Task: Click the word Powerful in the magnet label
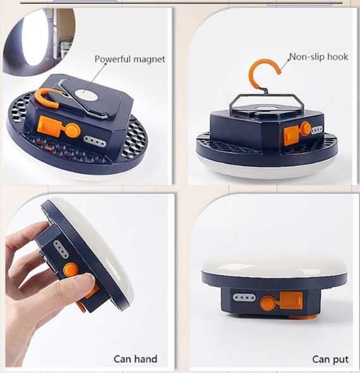tap(111, 59)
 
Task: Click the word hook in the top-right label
tap(338, 56)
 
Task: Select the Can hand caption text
tap(135, 359)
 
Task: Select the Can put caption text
tap(330, 360)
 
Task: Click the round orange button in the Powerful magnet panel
tap(73, 130)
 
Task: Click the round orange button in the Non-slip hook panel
tap(306, 128)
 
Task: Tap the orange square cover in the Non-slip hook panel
tap(292, 135)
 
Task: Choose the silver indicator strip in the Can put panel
tap(244, 298)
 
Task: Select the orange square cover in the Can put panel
tap(290, 300)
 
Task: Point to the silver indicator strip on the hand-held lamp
tap(61, 249)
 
